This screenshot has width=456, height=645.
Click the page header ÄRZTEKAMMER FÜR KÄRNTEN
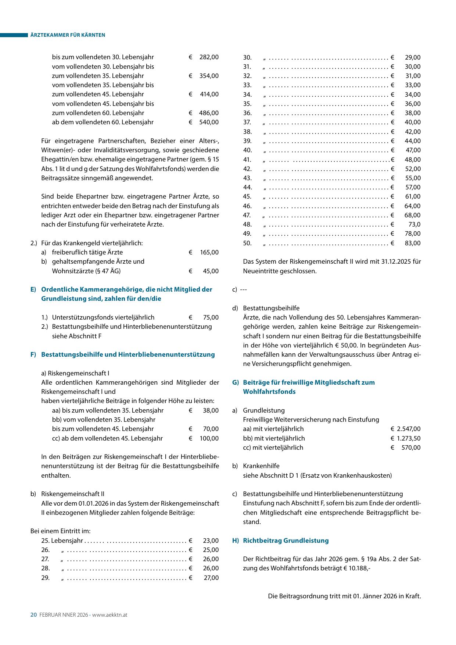pos(68,35)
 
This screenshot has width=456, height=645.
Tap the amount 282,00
pos(209,57)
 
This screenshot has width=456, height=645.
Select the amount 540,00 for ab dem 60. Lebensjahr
pos(209,122)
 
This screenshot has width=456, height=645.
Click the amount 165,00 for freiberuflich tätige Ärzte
pos(209,252)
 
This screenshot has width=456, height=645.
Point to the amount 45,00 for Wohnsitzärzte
pos(211,271)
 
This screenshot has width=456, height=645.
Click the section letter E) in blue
pos(33,289)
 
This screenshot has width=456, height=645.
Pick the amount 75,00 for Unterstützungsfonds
pos(211,317)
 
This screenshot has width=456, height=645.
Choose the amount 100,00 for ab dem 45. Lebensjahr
pos(209,438)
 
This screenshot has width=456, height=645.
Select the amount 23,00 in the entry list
pos(211,541)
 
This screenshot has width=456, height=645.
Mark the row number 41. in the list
pos(247,160)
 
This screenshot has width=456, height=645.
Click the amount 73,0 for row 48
pos(414,224)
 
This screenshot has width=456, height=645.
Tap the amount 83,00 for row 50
pos(413,243)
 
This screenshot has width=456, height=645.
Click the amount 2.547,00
pos(409,429)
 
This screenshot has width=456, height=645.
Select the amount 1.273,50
pos(409,438)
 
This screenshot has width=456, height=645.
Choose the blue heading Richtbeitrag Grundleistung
pos(286,541)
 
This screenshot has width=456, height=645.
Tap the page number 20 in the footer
pos(33,615)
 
